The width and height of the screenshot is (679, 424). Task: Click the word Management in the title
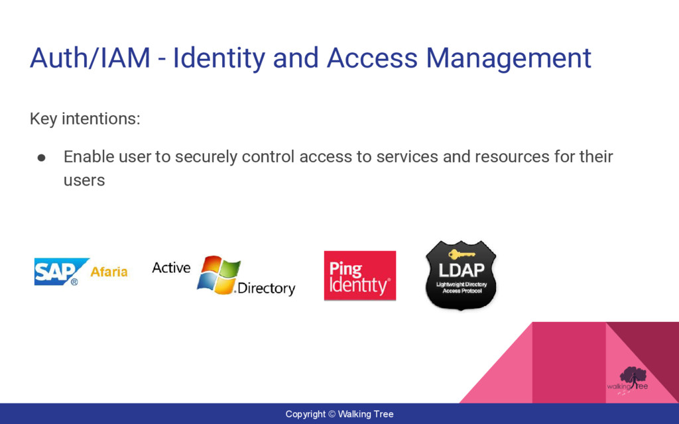508,58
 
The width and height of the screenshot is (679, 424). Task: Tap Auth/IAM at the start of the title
90,58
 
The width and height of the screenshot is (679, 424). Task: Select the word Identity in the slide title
218,58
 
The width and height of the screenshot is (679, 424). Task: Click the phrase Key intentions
85,119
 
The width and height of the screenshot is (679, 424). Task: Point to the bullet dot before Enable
41,158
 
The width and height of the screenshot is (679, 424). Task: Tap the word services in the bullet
406,157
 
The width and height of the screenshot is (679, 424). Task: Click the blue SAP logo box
58,272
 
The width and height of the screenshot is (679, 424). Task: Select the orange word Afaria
109,272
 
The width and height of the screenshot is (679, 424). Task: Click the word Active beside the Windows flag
171,268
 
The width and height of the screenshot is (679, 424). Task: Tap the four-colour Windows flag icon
218,274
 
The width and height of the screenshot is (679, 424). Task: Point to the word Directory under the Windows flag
266,289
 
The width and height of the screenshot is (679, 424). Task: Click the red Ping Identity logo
359,276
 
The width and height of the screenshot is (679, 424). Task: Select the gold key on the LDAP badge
462,254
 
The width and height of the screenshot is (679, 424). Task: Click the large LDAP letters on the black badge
462,270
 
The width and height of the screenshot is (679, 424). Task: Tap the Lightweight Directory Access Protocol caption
462,288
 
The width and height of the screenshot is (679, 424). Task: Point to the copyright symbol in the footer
332,415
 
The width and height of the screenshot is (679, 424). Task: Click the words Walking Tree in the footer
365,415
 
